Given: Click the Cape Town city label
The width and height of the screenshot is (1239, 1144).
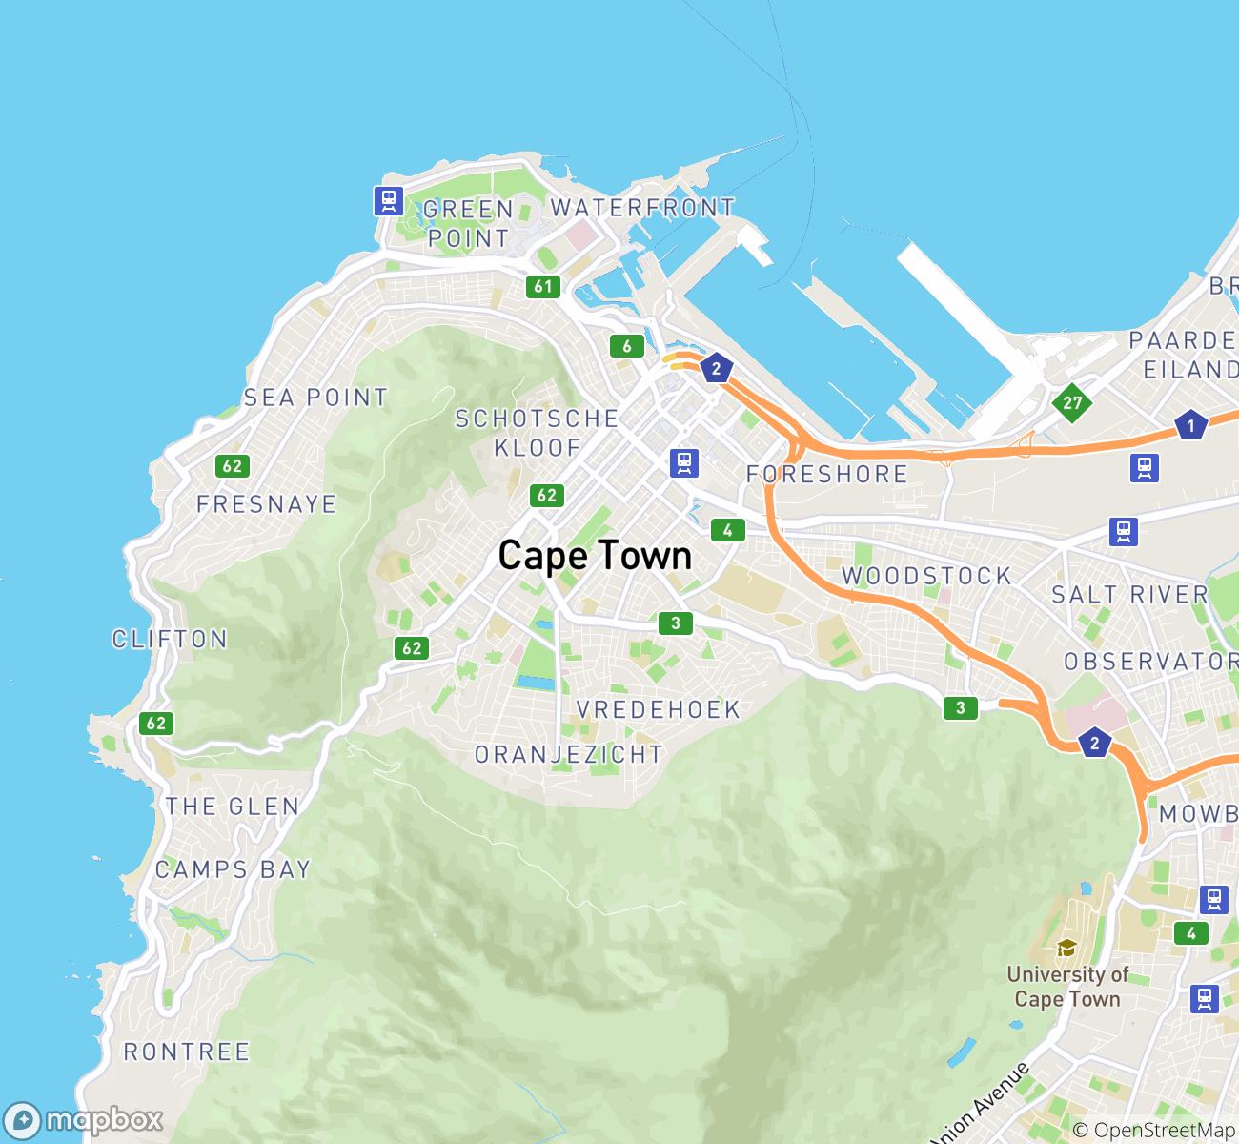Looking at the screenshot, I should pos(595,556).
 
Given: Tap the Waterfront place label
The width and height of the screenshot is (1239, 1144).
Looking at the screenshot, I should pos(643,208).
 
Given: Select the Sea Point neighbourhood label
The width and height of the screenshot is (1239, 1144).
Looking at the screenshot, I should pos(315,398).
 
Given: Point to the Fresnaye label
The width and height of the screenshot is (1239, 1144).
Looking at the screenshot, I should pos(267,504).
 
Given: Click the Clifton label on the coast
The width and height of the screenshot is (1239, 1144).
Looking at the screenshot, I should pos(170,639).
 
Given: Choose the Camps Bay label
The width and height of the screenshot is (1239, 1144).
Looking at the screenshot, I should pos(233,869).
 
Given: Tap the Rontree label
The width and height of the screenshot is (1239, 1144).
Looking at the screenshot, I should pos(187,1052).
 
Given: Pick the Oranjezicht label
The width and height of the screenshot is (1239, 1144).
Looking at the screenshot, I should pos(569,755).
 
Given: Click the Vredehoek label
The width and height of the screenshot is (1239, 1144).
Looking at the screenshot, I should pos(659,710).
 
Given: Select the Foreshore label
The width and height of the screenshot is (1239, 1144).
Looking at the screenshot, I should pos(827,474).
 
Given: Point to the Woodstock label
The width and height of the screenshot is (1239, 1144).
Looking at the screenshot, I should pos(926,576).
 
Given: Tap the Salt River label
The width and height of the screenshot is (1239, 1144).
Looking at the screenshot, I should pos(1129,595).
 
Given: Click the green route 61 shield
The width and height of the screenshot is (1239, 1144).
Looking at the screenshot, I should pos(543,286).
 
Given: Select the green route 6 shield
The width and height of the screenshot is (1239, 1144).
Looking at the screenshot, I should pos(627,346).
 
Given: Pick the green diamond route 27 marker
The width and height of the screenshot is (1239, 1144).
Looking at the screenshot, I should pos(1072,402).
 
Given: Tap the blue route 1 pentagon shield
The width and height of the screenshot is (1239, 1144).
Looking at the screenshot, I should pos(1190,425).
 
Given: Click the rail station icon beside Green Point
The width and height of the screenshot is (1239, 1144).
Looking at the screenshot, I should pos(388,201).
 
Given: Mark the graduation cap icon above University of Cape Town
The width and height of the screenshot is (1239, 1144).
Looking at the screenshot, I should pos(1066,948).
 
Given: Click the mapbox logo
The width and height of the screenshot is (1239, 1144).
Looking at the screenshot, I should pos(84,1120).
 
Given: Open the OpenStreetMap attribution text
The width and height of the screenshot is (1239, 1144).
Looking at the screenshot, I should pos(1154,1131).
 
